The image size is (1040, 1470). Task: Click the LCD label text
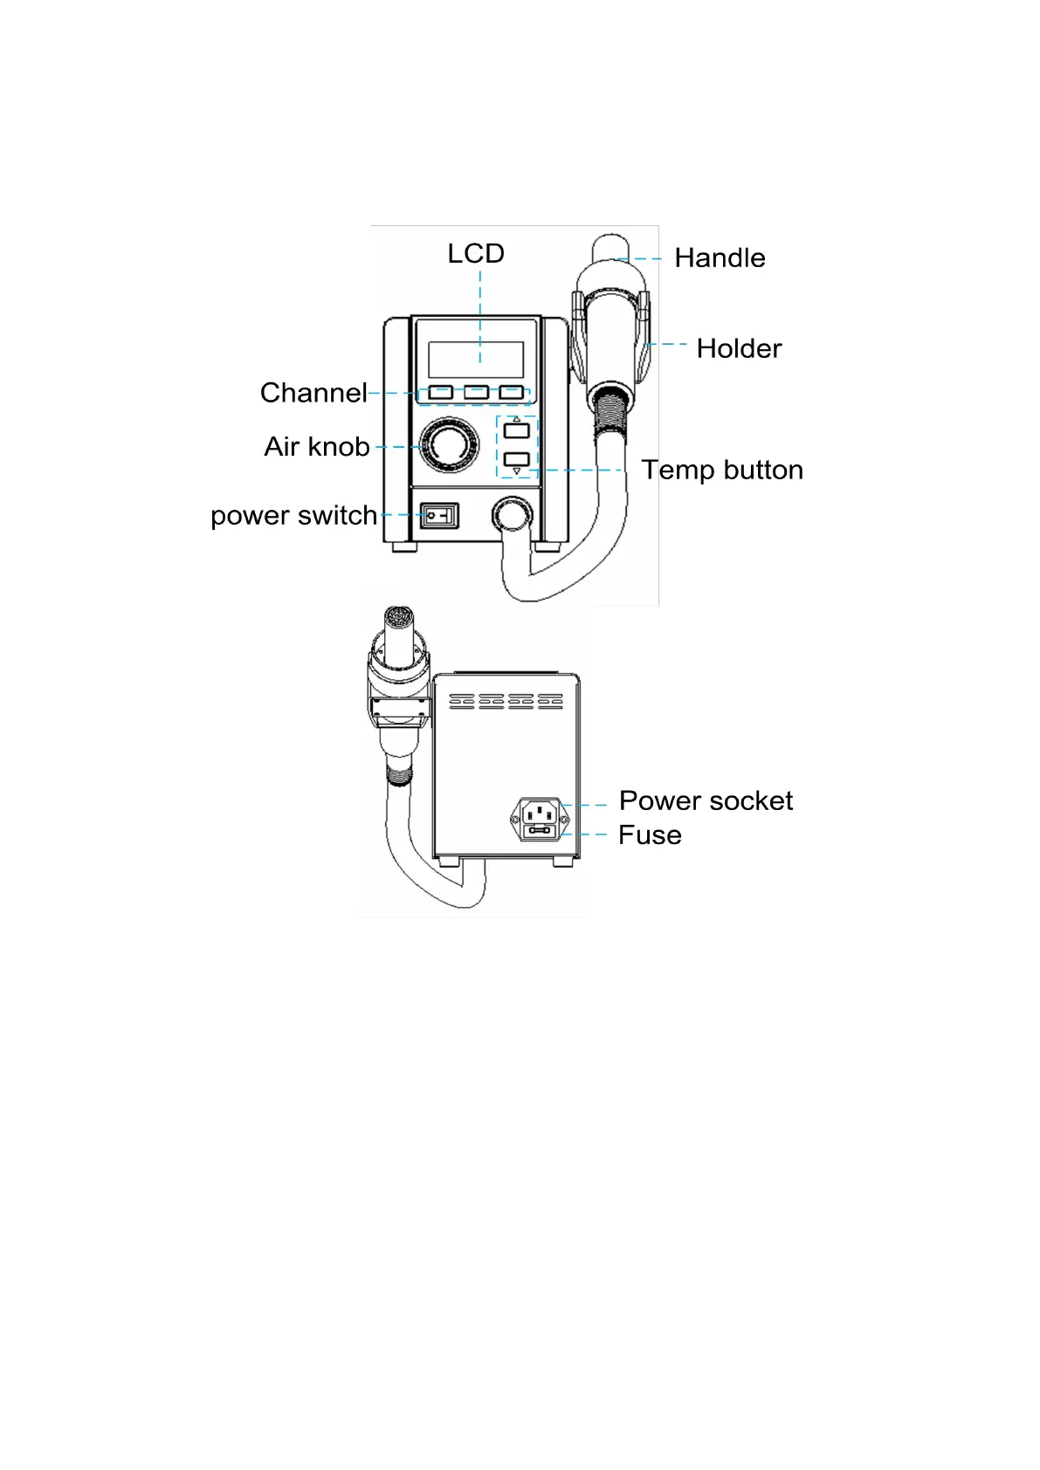476,254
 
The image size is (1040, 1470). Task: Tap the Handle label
720,258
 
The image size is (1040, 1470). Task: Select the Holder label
739,348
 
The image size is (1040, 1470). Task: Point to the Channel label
313,393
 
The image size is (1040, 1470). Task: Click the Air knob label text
317,447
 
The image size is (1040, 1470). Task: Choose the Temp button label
722,470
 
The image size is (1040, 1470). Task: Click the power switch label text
293,515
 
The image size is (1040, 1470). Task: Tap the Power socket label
706,800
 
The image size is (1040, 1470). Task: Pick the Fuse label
650,835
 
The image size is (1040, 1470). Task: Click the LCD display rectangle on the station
476,359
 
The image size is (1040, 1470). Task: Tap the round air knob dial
449,445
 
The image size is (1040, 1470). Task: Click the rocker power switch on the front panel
438,516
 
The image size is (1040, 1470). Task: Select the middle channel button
476,392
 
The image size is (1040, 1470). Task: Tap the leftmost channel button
441,392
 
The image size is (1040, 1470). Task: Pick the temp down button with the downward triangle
517,459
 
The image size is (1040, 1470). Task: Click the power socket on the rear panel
540,814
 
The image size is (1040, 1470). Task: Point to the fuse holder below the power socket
540,831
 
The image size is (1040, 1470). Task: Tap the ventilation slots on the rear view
506,701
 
